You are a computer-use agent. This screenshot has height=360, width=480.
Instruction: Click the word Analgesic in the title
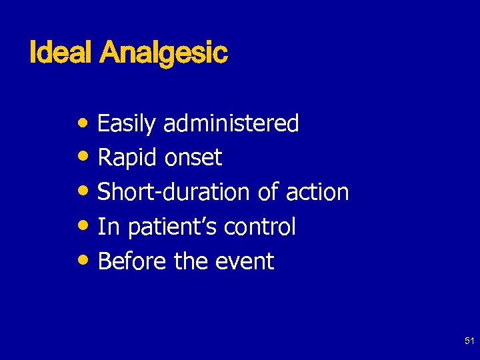coord(163,53)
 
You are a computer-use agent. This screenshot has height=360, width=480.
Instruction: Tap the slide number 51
coord(468,341)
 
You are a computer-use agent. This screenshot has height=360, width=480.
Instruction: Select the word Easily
coord(127,124)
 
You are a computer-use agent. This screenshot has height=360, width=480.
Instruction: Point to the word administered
coord(231,123)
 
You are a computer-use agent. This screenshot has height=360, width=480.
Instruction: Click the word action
coord(317,193)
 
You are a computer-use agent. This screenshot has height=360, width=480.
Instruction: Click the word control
coord(259,227)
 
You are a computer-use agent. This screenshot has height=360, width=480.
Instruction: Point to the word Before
coord(132,261)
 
